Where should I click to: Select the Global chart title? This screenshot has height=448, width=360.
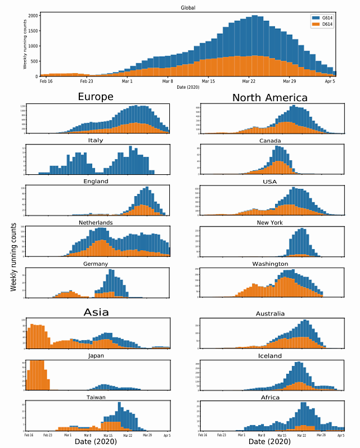188,8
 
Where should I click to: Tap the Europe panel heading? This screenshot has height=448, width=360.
96,97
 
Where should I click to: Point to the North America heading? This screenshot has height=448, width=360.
270,98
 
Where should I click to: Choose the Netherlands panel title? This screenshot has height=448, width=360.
96,223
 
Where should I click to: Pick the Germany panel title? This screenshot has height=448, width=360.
96,264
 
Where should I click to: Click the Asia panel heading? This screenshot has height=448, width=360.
96,312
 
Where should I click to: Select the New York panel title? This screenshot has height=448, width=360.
270,223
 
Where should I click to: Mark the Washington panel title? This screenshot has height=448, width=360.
270,264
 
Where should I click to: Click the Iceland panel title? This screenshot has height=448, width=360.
271,356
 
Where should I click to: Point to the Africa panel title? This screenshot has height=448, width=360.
271,397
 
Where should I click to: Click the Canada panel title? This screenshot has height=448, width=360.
270,141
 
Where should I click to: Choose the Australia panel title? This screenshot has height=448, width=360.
270,314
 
